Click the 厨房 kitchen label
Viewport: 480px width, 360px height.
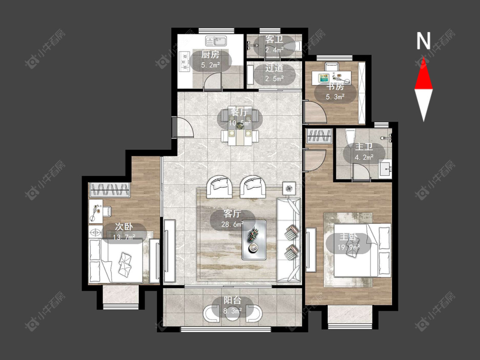[210, 55]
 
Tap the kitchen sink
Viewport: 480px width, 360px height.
[216, 41]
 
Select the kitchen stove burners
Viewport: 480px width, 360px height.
[185, 61]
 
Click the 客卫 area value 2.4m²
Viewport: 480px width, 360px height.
[274, 49]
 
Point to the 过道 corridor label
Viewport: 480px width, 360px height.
[274, 68]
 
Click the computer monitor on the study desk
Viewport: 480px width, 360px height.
[324, 78]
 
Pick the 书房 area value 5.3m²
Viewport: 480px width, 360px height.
[335, 97]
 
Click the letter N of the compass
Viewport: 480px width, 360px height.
[424, 41]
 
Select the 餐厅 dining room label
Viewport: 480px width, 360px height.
[240, 112]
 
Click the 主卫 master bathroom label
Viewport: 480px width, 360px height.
[364, 147]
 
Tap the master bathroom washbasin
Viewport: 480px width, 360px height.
[385, 168]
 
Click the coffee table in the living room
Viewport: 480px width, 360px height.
[254, 240]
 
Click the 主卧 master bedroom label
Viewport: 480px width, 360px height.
[349, 237]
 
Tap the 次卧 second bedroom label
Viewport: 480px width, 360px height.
[124, 226]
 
